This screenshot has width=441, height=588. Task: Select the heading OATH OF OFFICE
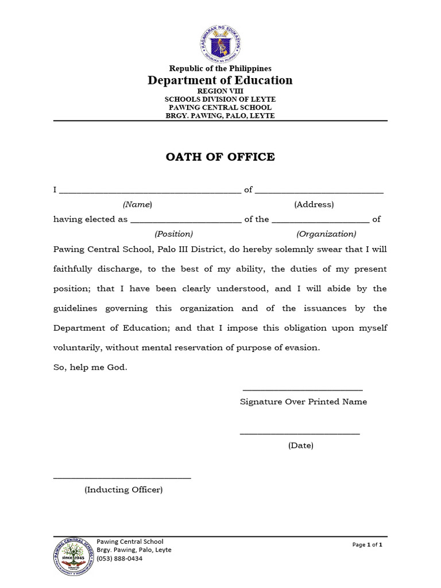[x=220, y=157]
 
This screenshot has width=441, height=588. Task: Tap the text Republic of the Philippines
[x=220, y=69]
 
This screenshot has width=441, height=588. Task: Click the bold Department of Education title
[x=220, y=80]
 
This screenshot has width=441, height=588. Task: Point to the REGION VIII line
[x=220, y=91]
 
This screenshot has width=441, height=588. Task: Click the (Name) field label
[x=137, y=204]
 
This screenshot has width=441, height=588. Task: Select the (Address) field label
[x=314, y=204]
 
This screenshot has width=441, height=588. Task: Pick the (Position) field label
[x=173, y=234]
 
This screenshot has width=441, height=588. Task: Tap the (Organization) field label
[x=326, y=234]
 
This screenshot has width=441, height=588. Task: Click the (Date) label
[x=301, y=446]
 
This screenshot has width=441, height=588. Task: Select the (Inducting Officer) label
[x=123, y=490]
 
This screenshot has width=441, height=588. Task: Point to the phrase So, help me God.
[x=90, y=367]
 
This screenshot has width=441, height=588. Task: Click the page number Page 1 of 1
[x=367, y=544]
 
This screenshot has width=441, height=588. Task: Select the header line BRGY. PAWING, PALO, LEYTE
[x=220, y=115]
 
